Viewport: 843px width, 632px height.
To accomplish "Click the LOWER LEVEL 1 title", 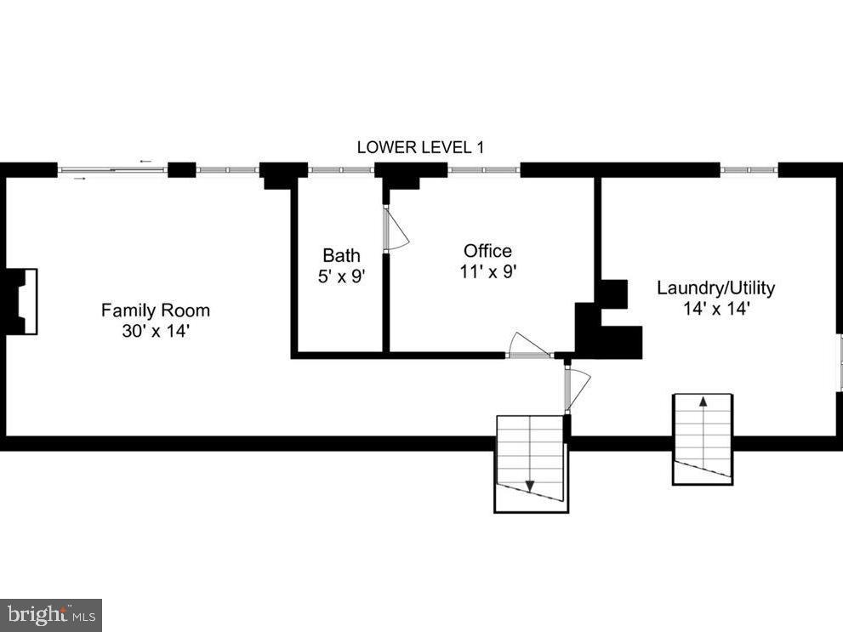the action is click(x=420, y=147).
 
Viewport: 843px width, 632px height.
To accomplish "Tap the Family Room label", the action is click(x=156, y=310).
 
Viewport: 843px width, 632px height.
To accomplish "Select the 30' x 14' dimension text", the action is click(x=156, y=331).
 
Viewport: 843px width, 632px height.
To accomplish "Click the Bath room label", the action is click(x=341, y=254).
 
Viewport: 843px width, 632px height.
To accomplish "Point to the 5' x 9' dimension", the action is click(x=341, y=276).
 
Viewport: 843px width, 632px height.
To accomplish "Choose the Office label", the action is click(x=487, y=250).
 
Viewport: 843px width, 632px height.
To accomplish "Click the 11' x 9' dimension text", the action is click(x=488, y=271).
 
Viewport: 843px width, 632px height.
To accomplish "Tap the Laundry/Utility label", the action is click(x=716, y=288).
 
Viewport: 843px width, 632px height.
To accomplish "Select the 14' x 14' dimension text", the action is click(x=716, y=309).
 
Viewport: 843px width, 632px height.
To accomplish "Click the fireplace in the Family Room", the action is click(x=21, y=301).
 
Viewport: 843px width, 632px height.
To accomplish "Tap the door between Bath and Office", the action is click(x=396, y=228).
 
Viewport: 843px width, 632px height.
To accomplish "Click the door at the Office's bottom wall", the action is click(x=529, y=346).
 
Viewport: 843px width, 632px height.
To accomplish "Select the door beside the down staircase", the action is click(x=577, y=389).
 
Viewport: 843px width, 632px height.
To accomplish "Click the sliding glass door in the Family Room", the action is click(x=112, y=170).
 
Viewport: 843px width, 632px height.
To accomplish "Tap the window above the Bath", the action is click(x=341, y=170).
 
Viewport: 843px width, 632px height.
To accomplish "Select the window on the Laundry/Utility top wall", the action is click(x=749, y=170).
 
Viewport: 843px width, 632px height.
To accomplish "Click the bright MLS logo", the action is click(x=51, y=615).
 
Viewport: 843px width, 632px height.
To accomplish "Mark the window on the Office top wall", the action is click(x=483, y=170).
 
